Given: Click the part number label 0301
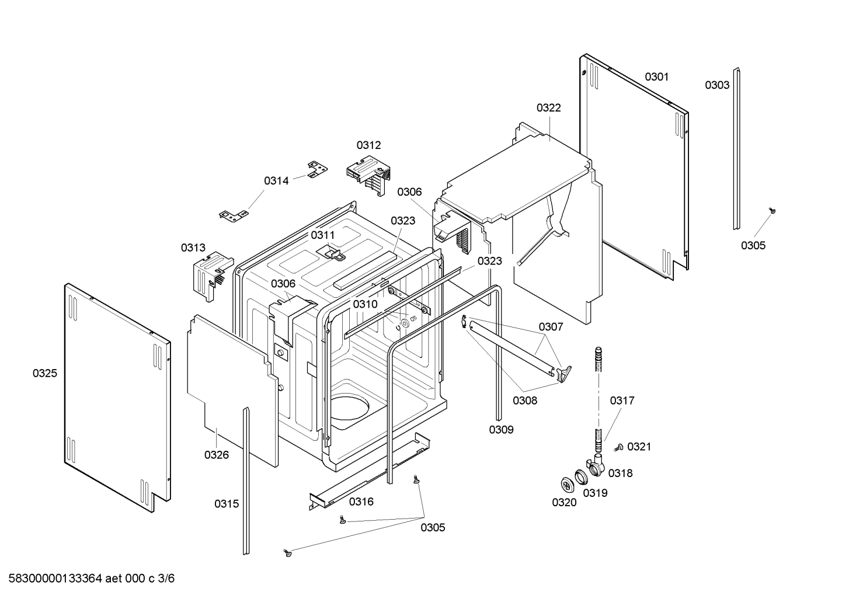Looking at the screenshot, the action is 657,77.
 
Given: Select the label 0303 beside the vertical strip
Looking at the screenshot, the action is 717,85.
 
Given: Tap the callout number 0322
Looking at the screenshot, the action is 548,108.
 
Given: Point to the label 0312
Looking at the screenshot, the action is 368,145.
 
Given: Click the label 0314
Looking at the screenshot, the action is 276,181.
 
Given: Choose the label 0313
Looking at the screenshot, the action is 193,248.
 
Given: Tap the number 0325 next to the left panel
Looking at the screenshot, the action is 45,373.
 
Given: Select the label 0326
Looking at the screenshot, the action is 217,455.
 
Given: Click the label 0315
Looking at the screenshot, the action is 227,504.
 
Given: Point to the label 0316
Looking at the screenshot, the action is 361,502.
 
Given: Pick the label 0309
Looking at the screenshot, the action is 501,430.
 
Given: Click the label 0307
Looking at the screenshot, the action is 551,327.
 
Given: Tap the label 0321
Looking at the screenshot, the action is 639,447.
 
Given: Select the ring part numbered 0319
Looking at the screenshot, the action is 582,477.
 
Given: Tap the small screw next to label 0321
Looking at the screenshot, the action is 619,447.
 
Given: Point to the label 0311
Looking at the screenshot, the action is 322,235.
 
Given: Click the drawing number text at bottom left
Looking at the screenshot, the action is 91,579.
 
